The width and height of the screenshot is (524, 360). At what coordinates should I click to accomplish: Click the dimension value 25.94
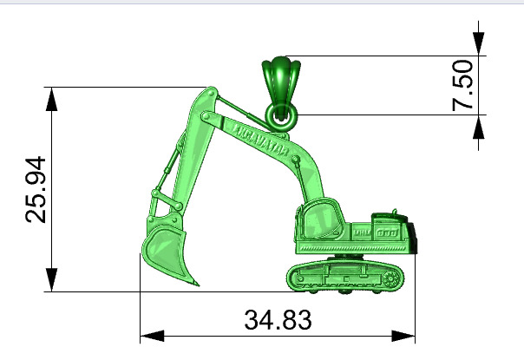click(x=36, y=190)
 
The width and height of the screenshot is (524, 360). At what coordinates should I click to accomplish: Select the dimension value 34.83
click(x=278, y=320)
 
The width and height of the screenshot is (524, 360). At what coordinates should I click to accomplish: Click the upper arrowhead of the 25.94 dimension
click(x=54, y=98)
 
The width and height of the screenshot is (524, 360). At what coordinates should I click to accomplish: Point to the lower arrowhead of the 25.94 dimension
click(x=54, y=280)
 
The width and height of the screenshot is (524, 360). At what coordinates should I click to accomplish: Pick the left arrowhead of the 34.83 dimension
click(x=152, y=335)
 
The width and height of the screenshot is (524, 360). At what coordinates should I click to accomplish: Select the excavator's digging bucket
click(x=167, y=252)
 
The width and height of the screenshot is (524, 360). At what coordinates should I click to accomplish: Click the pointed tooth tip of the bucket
click(x=197, y=285)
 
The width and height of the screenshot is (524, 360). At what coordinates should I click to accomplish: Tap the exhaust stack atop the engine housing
click(x=396, y=210)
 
